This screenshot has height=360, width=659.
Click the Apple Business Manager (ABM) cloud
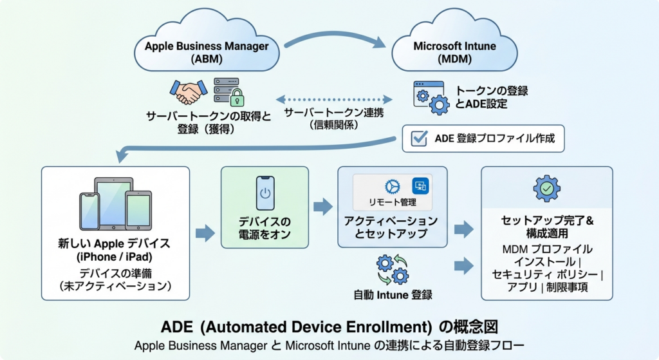pos(207,42)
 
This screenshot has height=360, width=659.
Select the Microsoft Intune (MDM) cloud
pos(454,42)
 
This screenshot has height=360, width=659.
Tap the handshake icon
pos(189,92)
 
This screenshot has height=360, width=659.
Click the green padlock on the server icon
pos(237,98)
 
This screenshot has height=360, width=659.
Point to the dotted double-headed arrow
pos(334,100)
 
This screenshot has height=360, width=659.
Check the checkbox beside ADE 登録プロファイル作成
pos(419,138)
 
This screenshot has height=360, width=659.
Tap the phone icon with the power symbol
pos(265,193)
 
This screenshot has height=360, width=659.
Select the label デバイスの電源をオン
pos(265,228)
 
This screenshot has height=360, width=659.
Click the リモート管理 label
pos(393,202)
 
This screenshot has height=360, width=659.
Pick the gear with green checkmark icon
pos(547,189)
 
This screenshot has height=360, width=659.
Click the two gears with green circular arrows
pos(393,270)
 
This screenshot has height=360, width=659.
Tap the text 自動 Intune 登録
pos(393,295)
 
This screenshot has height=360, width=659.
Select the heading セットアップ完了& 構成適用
pos(547,227)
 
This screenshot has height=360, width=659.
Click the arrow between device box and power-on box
pos(205,233)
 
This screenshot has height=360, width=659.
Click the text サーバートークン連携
pos(334,113)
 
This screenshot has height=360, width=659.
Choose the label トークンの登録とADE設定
pos(491,97)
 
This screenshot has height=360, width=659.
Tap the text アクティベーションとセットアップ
pos(391,227)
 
